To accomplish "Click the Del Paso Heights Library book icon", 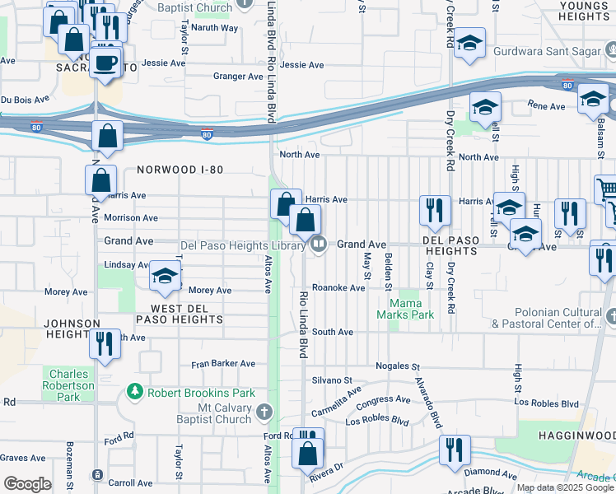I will (x=318, y=244).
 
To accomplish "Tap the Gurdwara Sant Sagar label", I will (x=548, y=51).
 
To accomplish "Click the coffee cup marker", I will (x=104, y=62).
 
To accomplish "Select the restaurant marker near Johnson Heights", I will (x=104, y=343).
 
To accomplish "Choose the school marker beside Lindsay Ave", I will (x=165, y=277).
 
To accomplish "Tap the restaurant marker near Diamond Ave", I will (x=454, y=450).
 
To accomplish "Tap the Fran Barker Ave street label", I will (x=223, y=363).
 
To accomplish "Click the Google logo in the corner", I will (x=27, y=484).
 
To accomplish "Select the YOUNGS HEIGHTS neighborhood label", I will (x=582, y=11).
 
